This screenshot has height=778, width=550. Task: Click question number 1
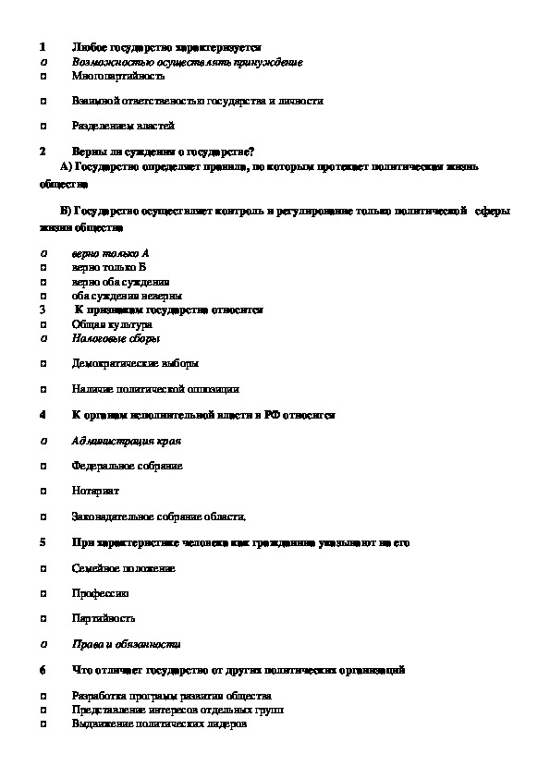[43, 46]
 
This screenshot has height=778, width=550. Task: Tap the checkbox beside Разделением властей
[44, 126]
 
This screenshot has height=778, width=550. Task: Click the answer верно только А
[110, 252]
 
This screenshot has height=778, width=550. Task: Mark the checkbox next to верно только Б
[44, 267]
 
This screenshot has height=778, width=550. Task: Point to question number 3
[43, 310]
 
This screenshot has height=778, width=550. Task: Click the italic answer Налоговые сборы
[109, 339]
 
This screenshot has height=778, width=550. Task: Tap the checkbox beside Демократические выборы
[44, 365]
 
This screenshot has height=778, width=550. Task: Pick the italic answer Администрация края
[125, 441]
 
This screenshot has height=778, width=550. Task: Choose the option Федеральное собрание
[127, 466]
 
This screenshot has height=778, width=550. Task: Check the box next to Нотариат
[44, 491]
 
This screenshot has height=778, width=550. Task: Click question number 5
[43, 542]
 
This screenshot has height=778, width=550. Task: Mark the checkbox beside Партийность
[44, 618]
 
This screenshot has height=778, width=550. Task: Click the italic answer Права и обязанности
[126, 644]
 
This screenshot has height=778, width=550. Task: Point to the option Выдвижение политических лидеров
[159, 724]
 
